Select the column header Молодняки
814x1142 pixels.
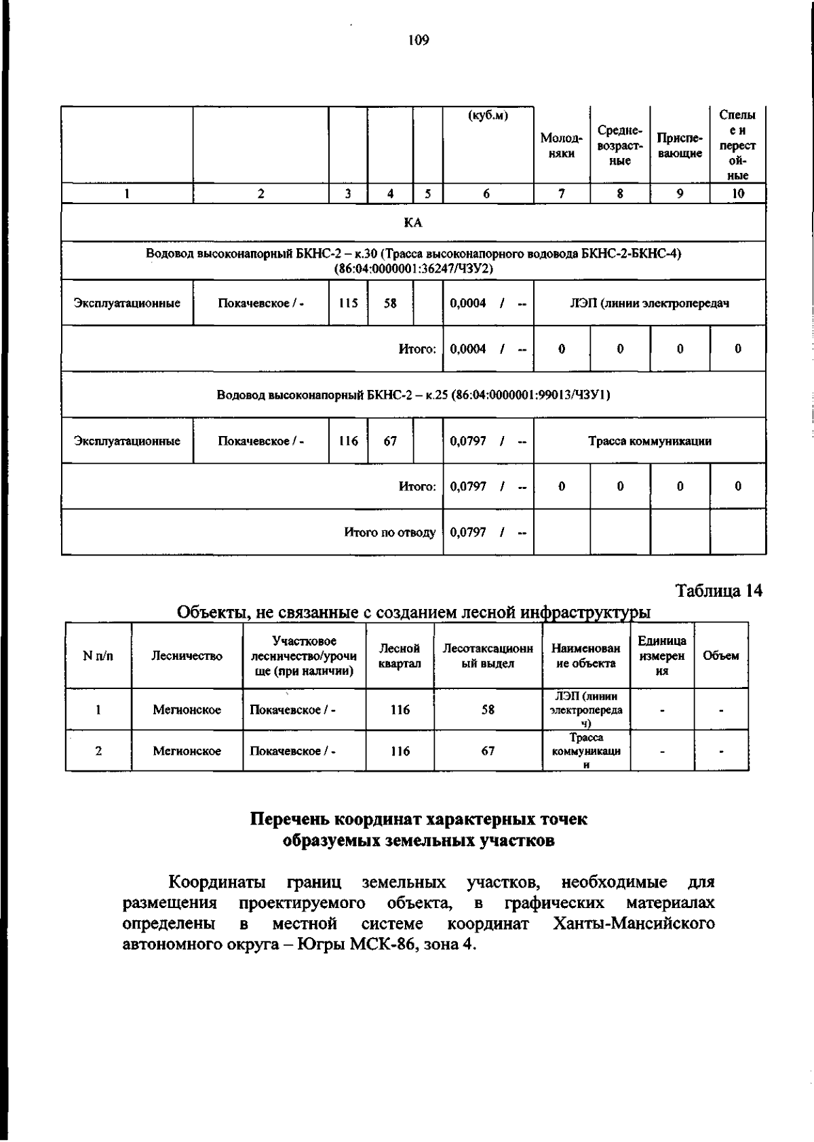click(561, 146)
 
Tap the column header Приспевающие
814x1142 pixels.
click(680, 146)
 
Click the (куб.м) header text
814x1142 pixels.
click(488, 116)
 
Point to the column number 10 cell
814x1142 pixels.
click(737, 193)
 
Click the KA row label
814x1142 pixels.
click(413, 222)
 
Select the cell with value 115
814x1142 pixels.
click(348, 303)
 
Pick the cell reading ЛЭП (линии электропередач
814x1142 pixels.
click(649, 303)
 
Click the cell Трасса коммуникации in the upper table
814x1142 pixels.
click(649, 441)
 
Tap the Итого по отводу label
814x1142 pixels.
click(389, 532)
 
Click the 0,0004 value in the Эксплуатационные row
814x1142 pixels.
click(468, 303)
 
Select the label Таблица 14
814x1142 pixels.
click(719, 591)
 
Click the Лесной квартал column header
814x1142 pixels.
click(399, 656)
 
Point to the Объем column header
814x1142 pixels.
click(721, 656)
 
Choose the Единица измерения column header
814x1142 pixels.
click(662, 656)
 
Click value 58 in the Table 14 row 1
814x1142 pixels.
click(488, 710)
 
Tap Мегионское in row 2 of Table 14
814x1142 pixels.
click(187, 751)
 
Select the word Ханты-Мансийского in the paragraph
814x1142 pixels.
click(633, 924)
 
